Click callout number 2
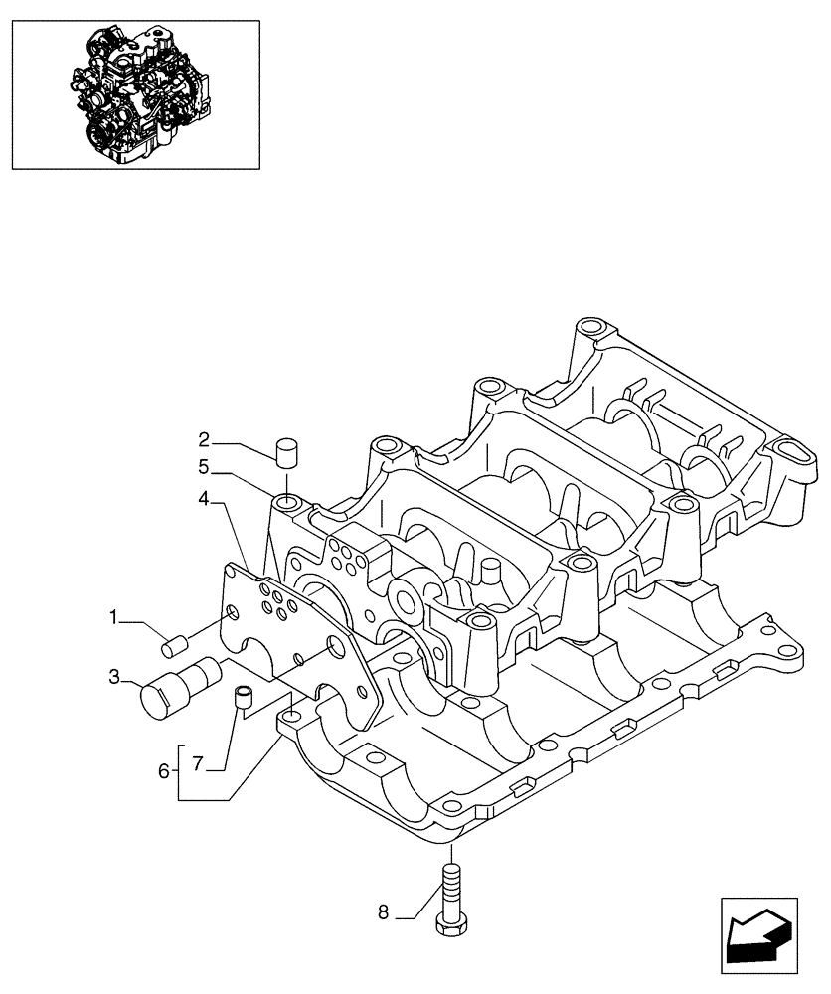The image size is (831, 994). pyautogui.click(x=203, y=439)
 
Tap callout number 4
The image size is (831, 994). pyautogui.click(x=203, y=499)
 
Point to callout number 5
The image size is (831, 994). pyautogui.click(x=203, y=465)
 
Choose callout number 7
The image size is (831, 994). pyautogui.click(x=197, y=763)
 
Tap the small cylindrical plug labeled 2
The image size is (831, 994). pyautogui.click(x=287, y=453)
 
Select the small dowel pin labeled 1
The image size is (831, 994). pyautogui.click(x=175, y=647)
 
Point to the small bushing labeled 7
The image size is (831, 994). pyautogui.click(x=242, y=698)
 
